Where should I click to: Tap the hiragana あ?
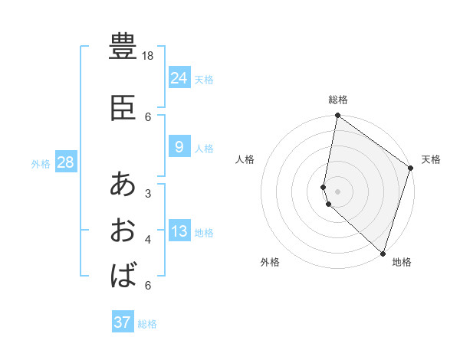[x=123, y=185]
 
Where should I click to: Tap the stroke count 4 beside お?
[x=148, y=240]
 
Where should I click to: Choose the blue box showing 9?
[x=179, y=146]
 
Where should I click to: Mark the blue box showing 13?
[x=179, y=231]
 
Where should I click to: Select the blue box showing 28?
[x=65, y=162]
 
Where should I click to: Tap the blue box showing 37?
[x=123, y=322]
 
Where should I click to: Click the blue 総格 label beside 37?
[x=147, y=324]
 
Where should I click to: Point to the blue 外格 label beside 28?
[x=41, y=164]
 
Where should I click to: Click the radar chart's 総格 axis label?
[x=338, y=100]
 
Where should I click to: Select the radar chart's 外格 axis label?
[x=270, y=262]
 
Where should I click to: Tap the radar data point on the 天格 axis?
[x=411, y=169]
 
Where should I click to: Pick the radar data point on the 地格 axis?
[x=383, y=254]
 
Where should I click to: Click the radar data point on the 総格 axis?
[x=337, y=116]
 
